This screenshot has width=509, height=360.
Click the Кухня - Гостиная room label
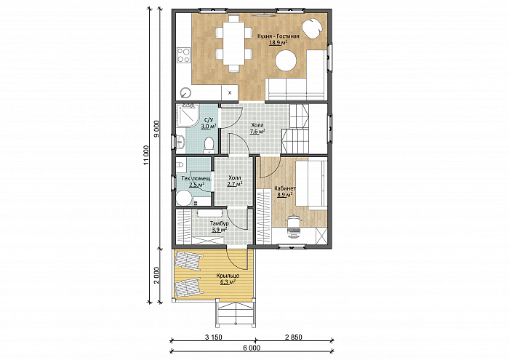[x=278, y=36]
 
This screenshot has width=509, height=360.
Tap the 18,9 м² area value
[x=278, y=42]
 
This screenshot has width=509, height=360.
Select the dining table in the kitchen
[x=233, y=43]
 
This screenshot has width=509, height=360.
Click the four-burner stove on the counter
[x=183, y=55]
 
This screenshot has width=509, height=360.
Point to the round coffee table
[x=286, y=60]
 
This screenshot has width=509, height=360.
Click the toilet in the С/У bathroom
[x=209, y=145]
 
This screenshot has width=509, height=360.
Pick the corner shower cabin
[x=188, y=115]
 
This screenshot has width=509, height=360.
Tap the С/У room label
[x=209, y=120]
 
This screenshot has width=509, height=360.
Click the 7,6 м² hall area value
[x=257, y=132]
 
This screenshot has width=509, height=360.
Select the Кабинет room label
[x=285, y=188]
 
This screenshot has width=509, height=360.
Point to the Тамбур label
[x=219, y=224]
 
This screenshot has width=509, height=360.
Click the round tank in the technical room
[x=184, y=197]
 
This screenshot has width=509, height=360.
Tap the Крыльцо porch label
[x=228, y=276]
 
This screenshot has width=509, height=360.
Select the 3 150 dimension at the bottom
[x=214, y=337]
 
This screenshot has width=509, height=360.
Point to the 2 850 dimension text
[x=294, y=337]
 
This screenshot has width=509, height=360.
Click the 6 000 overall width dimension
[x=252, y=348]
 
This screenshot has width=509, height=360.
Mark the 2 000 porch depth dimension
[x=156, y=276]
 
